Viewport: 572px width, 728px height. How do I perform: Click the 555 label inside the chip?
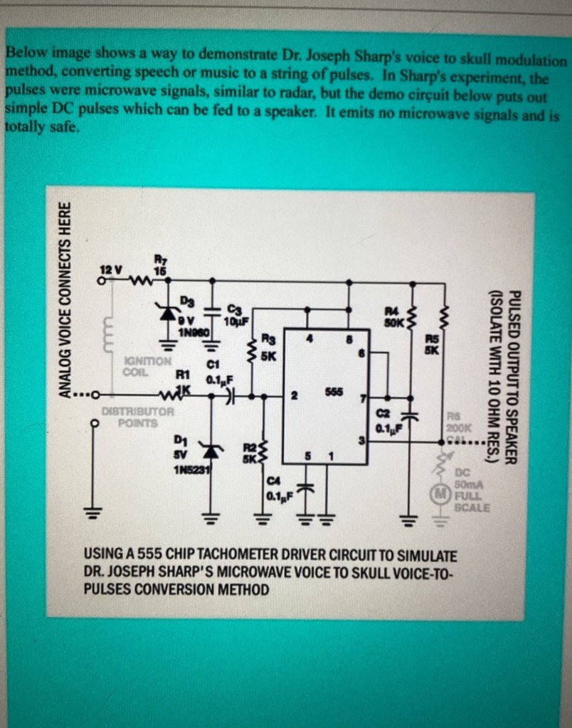click(334, 392)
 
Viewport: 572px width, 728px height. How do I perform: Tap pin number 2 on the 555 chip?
click(293, 395)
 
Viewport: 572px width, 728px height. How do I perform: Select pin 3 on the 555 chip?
click(361, 441)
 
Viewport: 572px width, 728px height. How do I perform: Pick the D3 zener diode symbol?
click(169, 312)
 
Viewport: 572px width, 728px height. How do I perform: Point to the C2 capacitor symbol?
click(410, 416)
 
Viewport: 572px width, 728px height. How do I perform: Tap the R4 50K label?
click(394, 316)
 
